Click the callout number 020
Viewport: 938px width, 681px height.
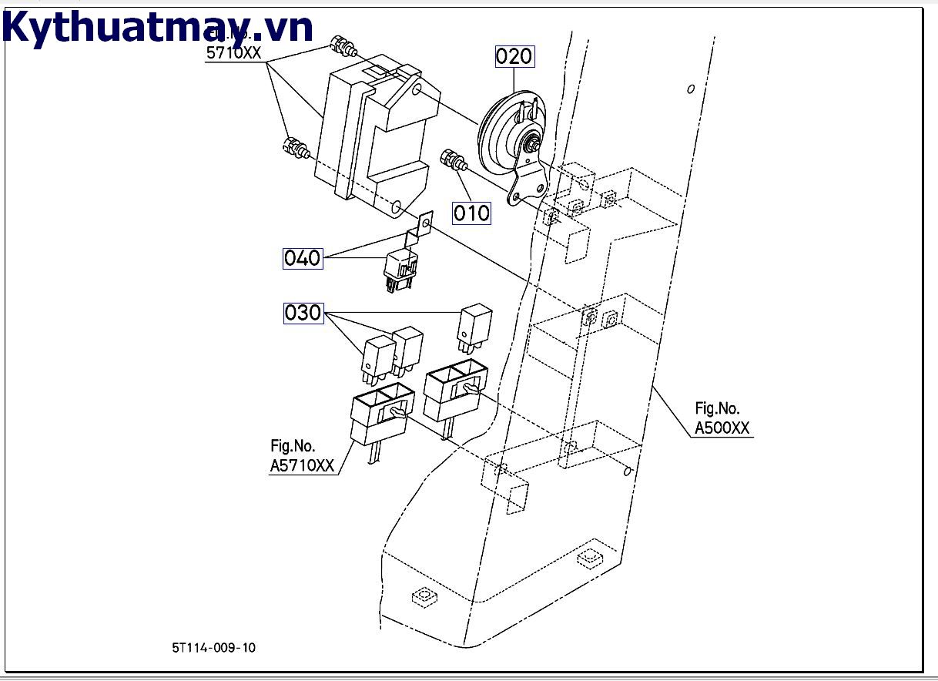tap(514, 56)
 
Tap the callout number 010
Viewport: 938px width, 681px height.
tap(471, 212)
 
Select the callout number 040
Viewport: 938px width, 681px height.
tap(302, 258)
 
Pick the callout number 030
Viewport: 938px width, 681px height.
tap(303, 313)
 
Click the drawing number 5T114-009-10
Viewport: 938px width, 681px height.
tap(213, 647)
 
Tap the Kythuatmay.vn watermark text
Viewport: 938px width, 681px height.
tap(158, 29)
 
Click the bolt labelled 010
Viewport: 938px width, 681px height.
tap(452, 161)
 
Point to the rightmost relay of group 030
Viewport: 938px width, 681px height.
tap(474, 324)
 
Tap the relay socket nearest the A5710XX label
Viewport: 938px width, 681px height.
tap(382, 416)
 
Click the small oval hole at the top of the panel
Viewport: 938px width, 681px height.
tap(691, 89)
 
